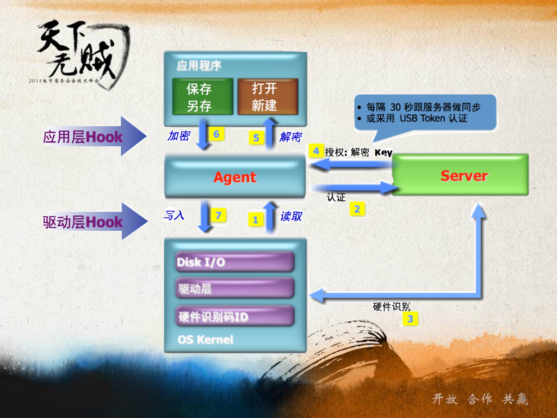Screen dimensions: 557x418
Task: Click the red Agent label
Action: [x=235, y=177]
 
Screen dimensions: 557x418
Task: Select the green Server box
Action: [x=460, y=175]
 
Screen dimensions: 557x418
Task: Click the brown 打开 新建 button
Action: [x=267, y=97]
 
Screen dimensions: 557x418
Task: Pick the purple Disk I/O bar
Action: [x=235, y=262]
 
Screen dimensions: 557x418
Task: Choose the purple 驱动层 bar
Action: [x=235, y=288]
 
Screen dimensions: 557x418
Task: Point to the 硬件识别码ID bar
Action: [x=235, y=316]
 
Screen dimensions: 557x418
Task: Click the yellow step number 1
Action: [x=255, y=220]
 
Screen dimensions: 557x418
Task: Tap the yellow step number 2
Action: [x=357, y=208]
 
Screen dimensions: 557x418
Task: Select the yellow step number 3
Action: [x=410, y=319]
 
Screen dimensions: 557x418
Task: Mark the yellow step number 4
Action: [x=315, y=150]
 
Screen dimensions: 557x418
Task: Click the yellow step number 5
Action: [x=256, y=138]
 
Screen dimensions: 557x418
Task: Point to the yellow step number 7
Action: [x=218, y=216]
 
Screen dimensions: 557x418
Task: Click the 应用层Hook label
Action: [x=83, y=137]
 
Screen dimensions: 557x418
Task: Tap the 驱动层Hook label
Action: [x=83, y=222]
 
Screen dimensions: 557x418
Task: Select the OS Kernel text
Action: [x=205, y=340]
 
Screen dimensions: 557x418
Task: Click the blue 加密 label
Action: [x=178, y=136]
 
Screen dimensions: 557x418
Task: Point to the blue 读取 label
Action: [x=291, y=217]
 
